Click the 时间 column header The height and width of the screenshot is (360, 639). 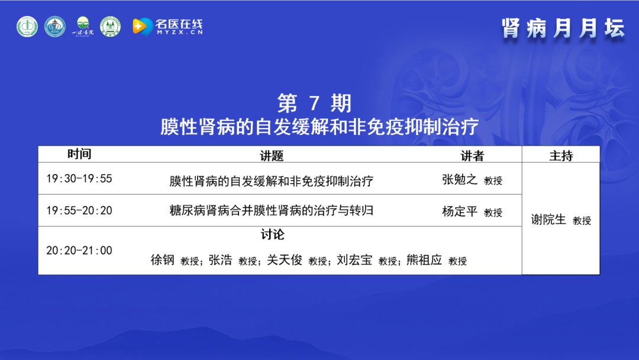[x=79, y=154]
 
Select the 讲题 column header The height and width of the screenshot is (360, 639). [x=272, y=155]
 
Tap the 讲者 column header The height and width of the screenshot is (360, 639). [x=472, y=155]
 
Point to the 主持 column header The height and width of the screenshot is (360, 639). [x=561, y=155]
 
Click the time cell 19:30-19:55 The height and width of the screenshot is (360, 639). [x=79, y=179]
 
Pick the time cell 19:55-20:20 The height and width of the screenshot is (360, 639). [x=79, y=210]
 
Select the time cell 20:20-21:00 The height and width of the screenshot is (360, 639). [x=79, y=250]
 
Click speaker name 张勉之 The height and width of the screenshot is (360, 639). [x=459, y=179]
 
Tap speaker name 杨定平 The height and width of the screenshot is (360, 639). [x=459, y=211]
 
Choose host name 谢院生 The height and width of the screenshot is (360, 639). [x=548, y=219]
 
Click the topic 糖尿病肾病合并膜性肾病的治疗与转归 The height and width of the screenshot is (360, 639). [x=272, y=210]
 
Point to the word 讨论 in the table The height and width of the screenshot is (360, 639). [x=273, y=234]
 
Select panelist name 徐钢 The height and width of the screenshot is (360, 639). [x=163, y=260]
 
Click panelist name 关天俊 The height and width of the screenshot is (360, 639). [x=285, y=260]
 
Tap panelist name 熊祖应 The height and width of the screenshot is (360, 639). [x=424, y=260]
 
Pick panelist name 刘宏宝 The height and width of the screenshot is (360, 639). [x=354, y=260]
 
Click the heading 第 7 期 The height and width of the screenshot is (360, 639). [x=314, y=103]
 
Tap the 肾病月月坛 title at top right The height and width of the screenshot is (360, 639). [x=563, y=28]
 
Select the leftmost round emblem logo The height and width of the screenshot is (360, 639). [x=27, y=27]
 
